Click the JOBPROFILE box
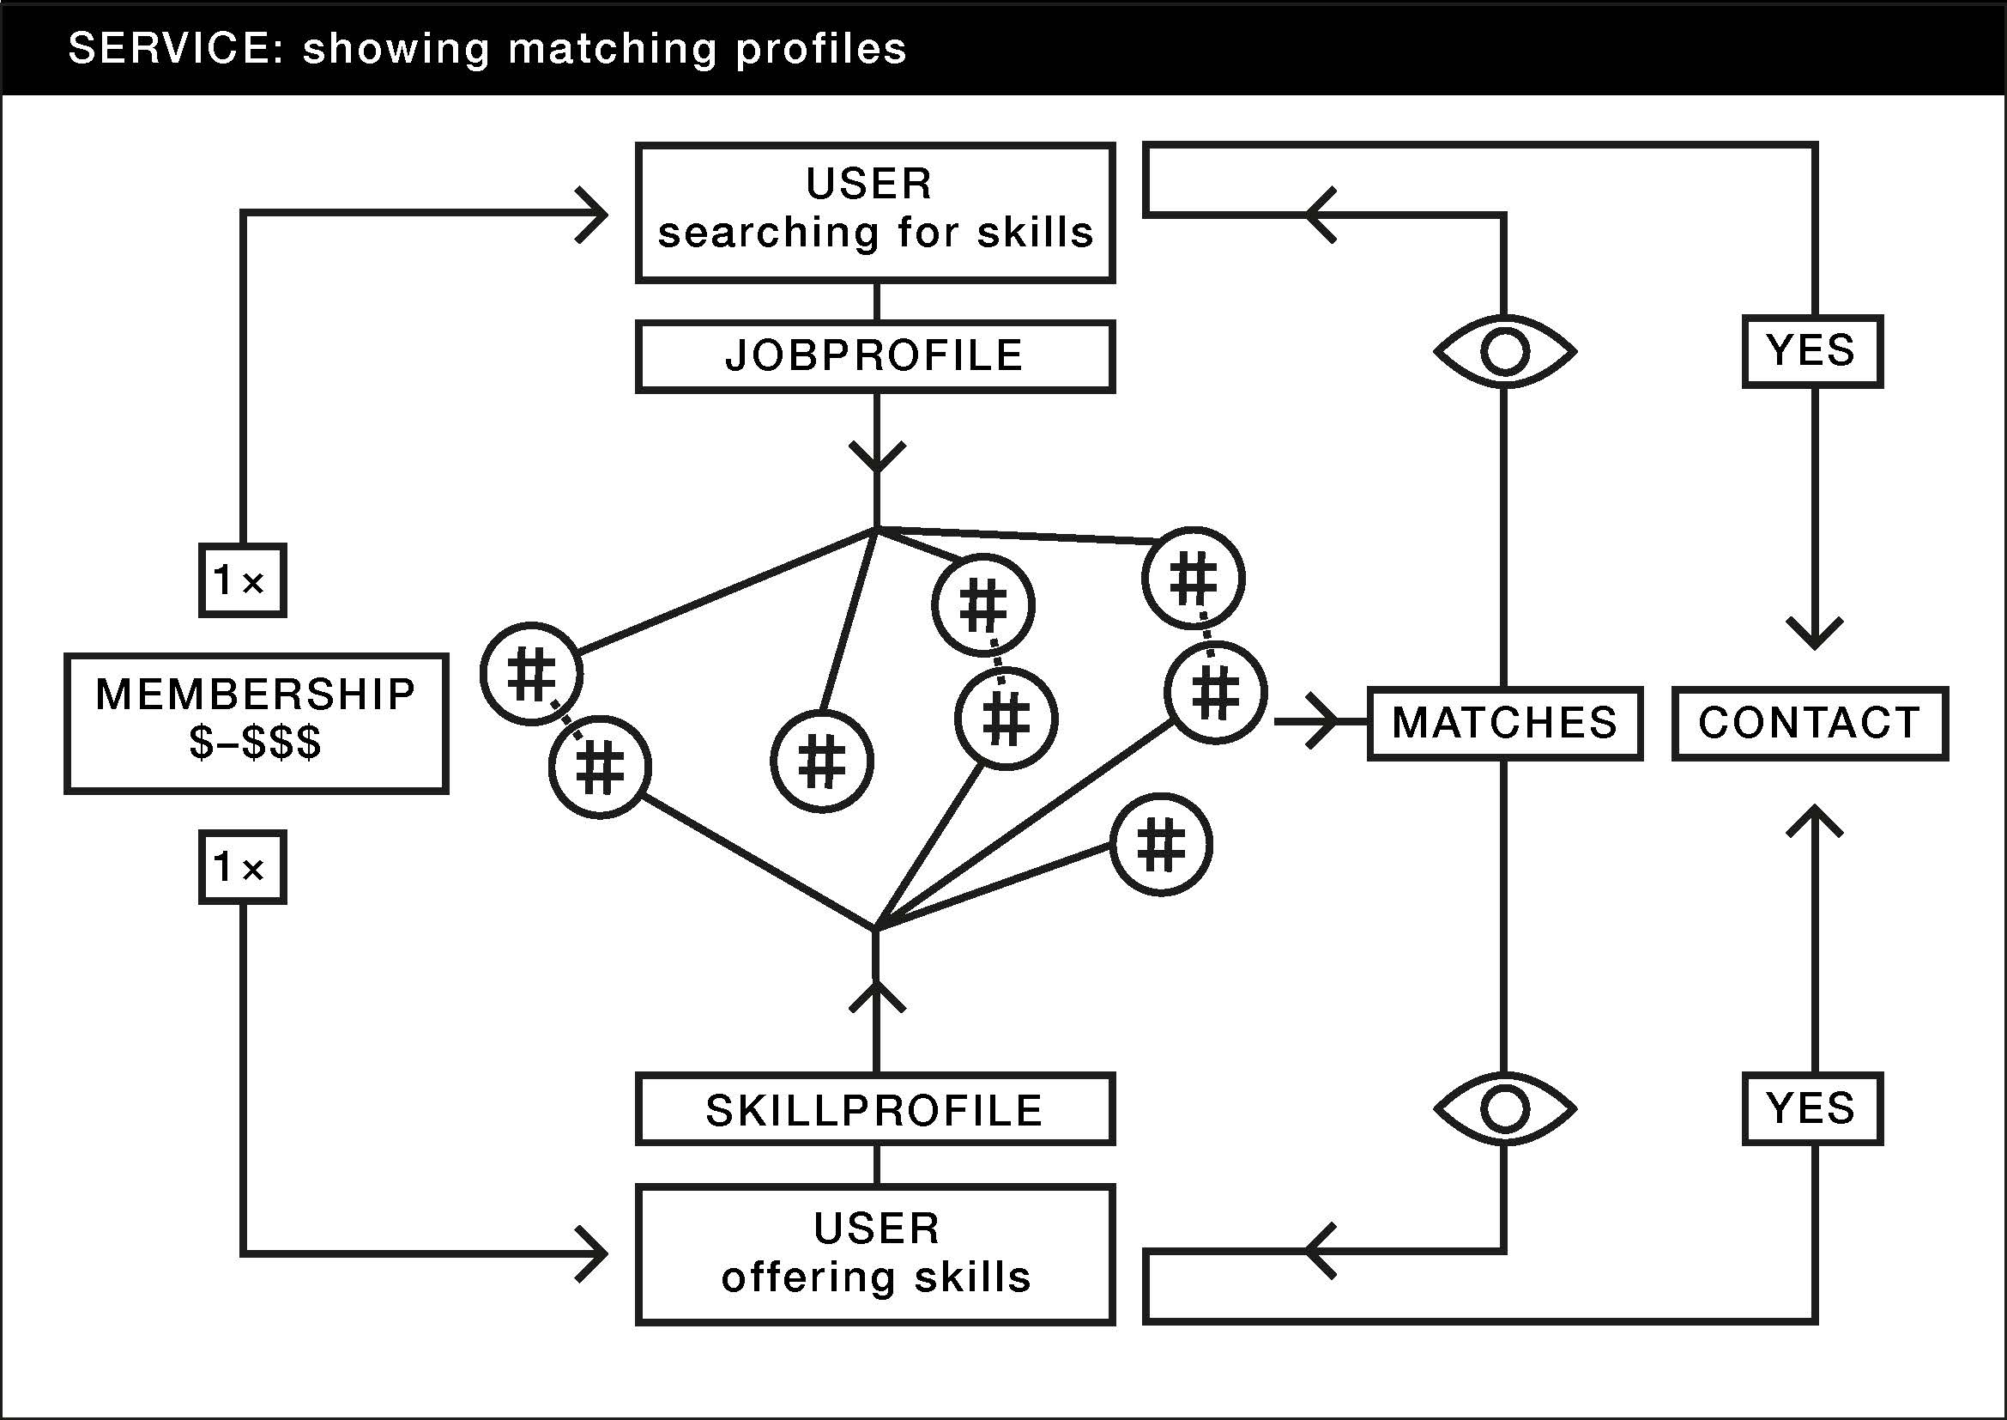pos(875,357)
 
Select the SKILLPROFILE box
pos(875,1108)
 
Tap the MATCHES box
pos(1504,723)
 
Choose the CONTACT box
pos(1810,723)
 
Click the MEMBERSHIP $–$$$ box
pos(256,723)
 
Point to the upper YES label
pos(1812,350)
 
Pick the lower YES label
pos(1812,1107)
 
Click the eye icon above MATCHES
pos(1505,351)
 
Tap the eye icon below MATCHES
pos(1505,1108)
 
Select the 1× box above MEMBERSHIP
pos(242,580)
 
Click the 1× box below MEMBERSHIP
pos(242,866)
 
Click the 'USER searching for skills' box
pos(875,212)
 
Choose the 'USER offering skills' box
pos(875,1253)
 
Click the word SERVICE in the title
pos(170,49)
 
